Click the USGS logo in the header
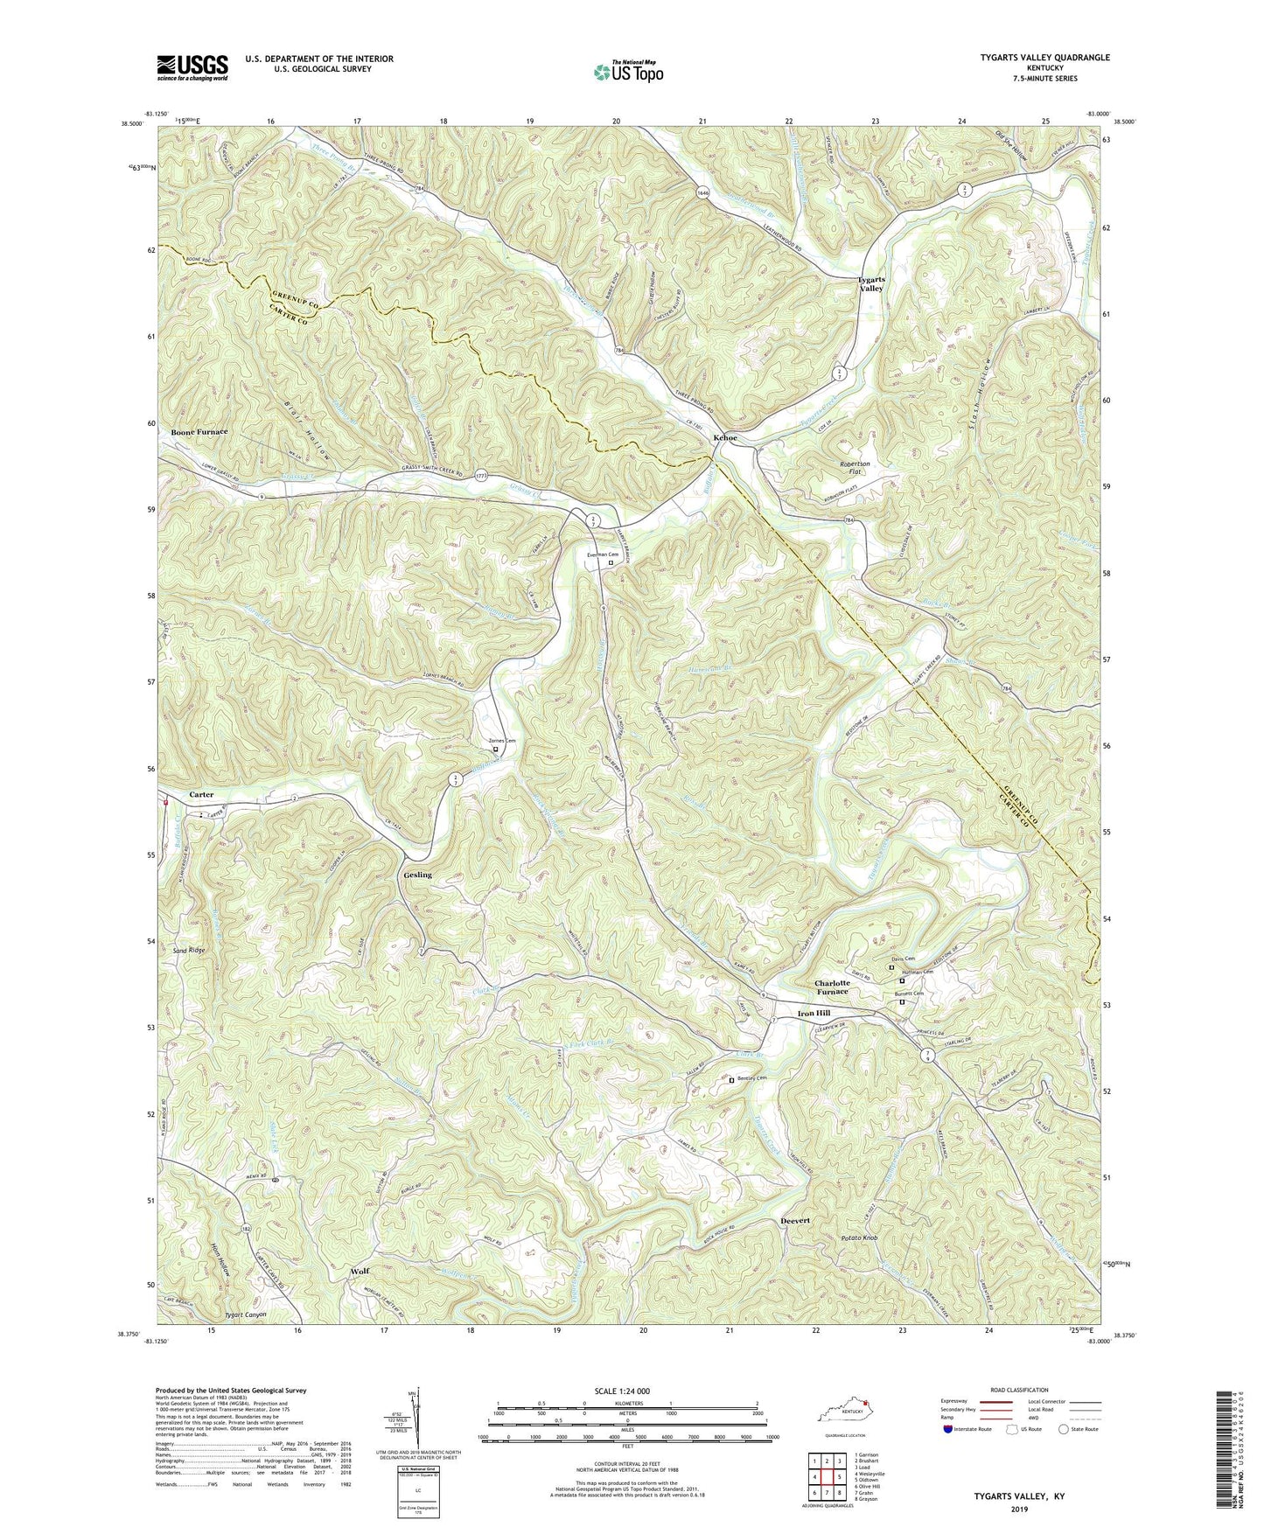point(192,67)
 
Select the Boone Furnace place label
point(199,432)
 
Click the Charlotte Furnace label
point(831,987)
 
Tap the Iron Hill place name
point(814,1013)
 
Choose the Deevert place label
point(795,1220)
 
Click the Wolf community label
point(360,1271)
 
